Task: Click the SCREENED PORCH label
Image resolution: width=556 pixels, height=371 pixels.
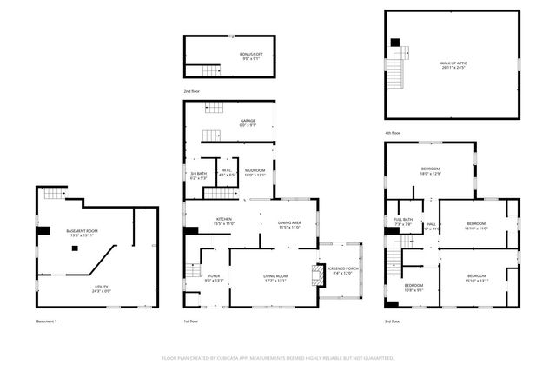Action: (x=340, y=270)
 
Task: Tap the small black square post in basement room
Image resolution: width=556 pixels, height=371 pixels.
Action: (x=75, y=248)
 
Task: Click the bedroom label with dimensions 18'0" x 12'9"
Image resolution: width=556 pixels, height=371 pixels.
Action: (x=430, y=170)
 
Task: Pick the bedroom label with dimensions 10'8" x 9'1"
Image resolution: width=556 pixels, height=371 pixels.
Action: (x=414, y=288)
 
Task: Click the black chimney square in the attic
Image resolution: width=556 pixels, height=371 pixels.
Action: (x=395, y=42)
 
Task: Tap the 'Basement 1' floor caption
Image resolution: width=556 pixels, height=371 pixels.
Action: (x=46, y=321)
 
